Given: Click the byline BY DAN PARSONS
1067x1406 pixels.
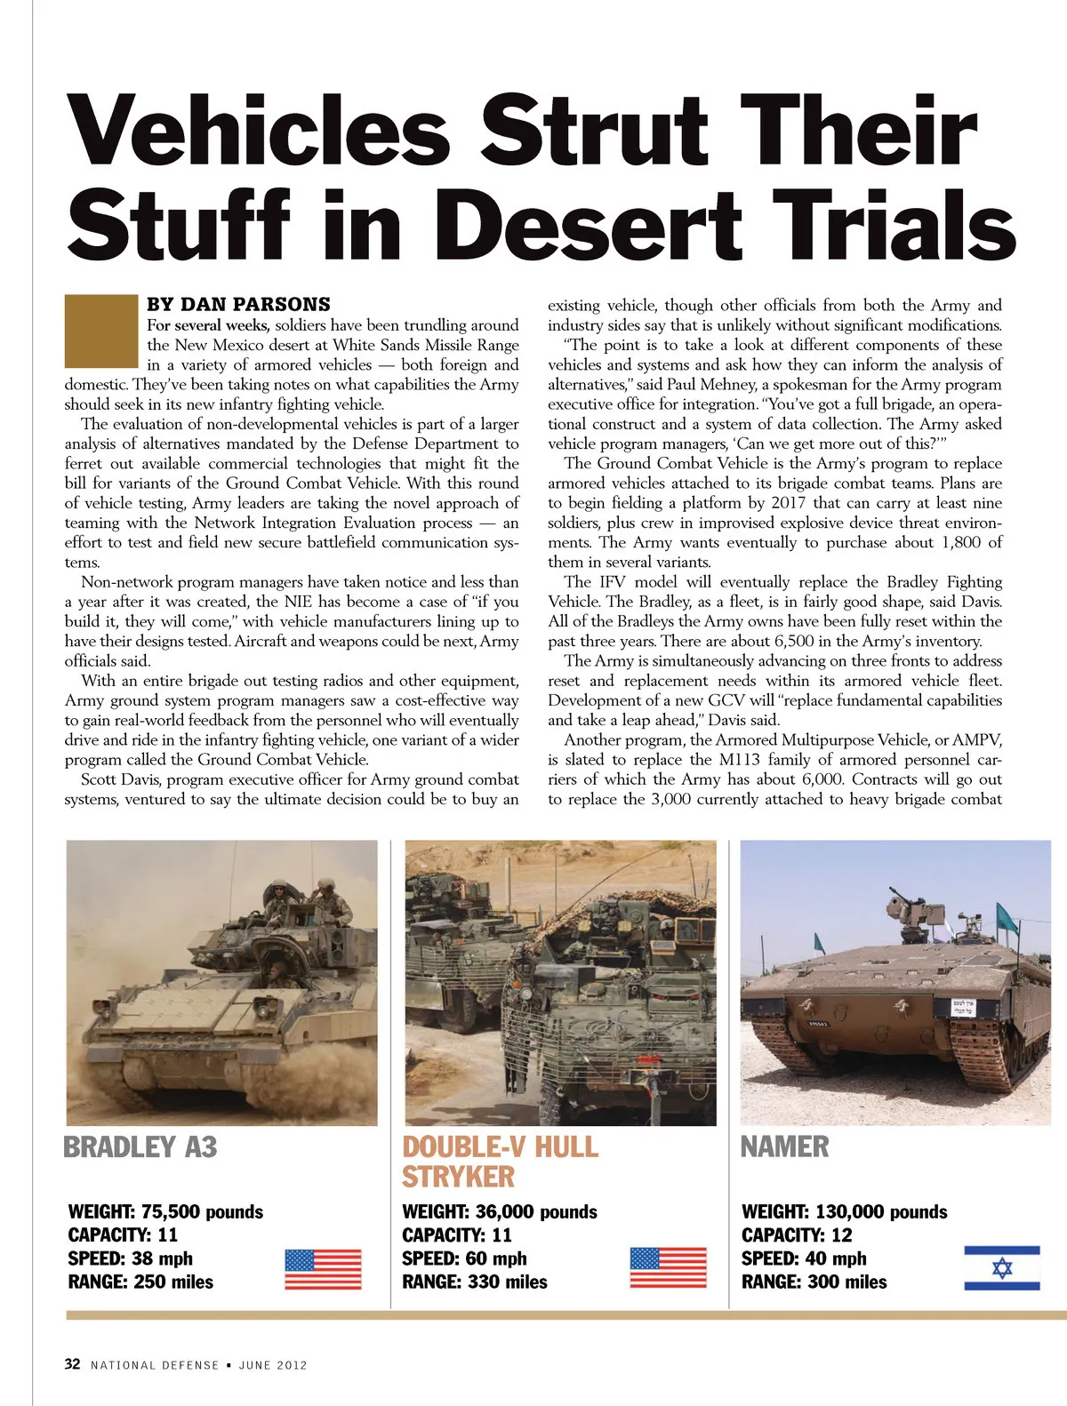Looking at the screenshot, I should (x=238, y=304).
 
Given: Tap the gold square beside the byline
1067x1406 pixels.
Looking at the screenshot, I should (x=101, y=332).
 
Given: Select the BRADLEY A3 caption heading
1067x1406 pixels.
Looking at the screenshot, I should (x=140, y=1147).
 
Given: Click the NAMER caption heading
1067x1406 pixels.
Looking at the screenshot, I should (x=784, y=1147).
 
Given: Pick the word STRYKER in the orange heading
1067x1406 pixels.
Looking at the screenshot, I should (x=458, y=1178).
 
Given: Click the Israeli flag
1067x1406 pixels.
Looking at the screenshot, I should (x=1002, y=1268).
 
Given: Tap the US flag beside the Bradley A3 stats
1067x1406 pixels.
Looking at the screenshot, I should (x=323, y=1269).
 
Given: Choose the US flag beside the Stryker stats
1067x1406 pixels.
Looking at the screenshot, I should (x=668, y=1268).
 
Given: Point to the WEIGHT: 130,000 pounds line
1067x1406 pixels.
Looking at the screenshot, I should (x=844, y=1212).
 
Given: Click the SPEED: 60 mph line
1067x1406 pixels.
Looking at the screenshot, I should (x=464, y=1259).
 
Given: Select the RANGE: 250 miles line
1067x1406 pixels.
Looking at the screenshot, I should (x=140, y=1282).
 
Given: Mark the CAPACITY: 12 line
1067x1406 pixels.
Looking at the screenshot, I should (x=797, y=1235).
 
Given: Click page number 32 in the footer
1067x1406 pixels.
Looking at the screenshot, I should (x=73, y=1364).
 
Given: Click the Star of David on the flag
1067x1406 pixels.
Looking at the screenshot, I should (x=1002, y=1268).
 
